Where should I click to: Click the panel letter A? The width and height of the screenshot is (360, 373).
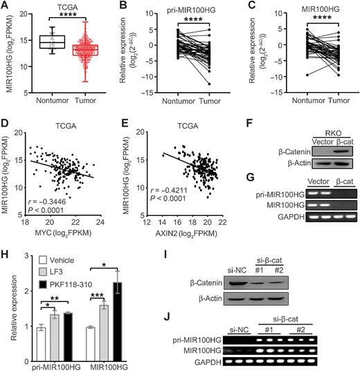pyautogui.click(x=6, y=6)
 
